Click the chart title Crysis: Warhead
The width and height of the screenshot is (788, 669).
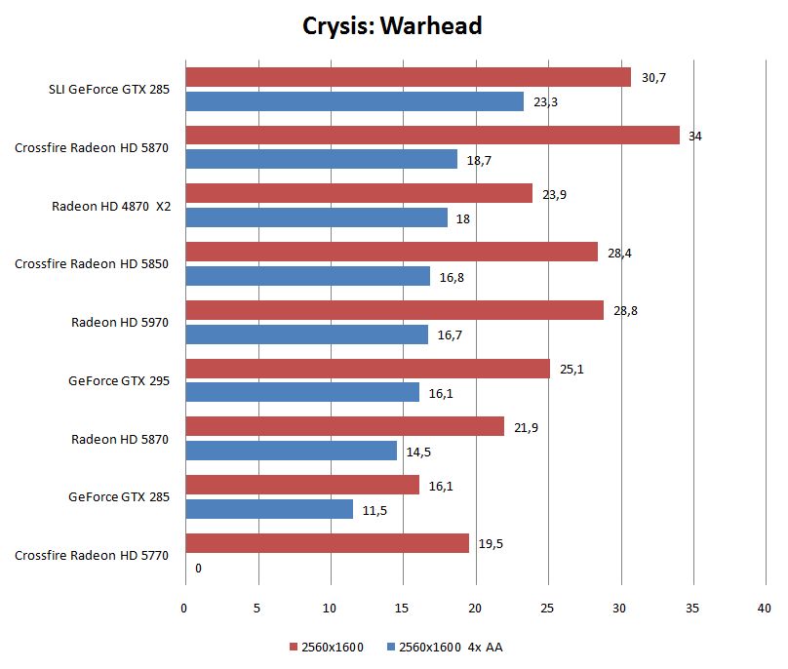393,26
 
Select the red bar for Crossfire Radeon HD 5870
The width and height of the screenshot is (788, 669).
432,136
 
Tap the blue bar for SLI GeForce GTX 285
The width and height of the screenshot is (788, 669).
354,100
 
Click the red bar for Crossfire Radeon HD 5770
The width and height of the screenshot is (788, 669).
327,543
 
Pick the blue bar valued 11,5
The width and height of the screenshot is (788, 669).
269,509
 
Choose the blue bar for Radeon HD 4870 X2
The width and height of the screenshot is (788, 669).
316,217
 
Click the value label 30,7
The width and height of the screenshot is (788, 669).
651,77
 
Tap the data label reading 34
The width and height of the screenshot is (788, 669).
694,136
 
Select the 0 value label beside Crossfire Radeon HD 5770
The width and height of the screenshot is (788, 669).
198,568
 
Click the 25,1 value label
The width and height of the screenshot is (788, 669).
571,369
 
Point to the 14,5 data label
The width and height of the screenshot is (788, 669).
417,452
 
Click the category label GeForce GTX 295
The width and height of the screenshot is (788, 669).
119,380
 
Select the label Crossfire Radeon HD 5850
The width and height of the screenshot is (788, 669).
92,263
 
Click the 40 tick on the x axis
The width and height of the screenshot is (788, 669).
764,609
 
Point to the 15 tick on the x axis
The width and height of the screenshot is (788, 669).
403,609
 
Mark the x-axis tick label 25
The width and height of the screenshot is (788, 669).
547,609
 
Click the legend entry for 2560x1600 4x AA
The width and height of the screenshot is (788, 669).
444,647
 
